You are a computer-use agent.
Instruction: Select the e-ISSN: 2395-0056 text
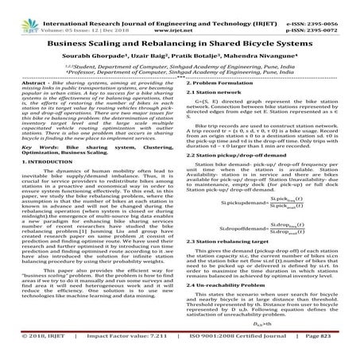tap(325, 6)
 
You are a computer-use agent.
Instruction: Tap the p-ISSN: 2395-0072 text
tap(325, 14)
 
